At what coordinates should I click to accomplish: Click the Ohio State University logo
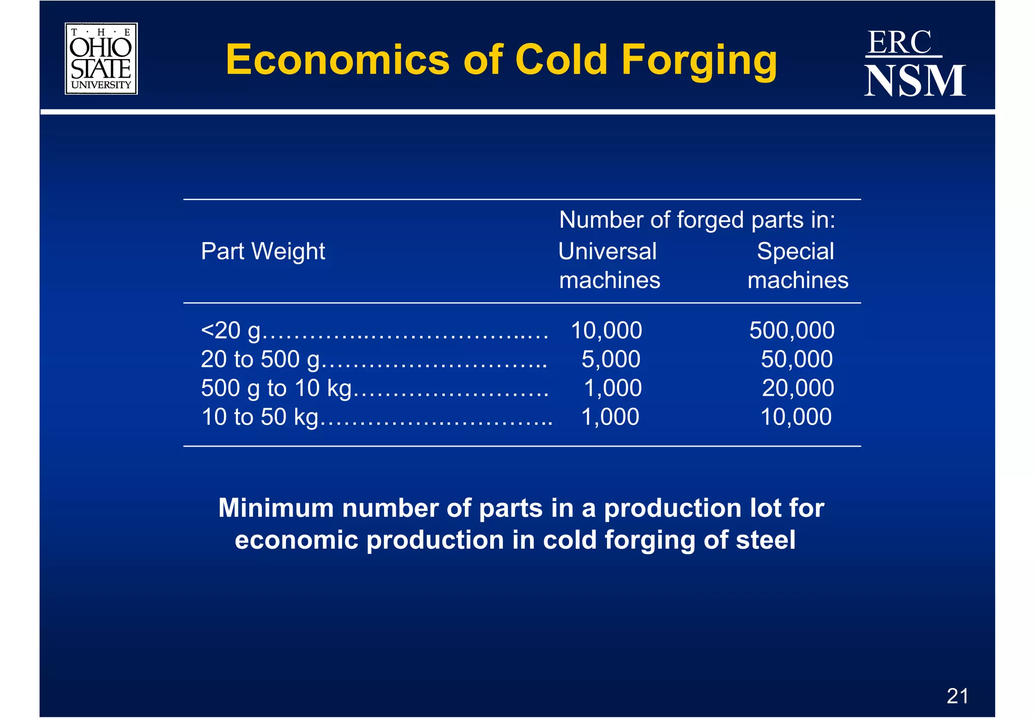101,59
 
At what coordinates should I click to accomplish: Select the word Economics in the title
338,60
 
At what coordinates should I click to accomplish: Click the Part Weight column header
263,251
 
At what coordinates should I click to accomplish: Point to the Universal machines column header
609,265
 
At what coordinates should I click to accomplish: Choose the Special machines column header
797,265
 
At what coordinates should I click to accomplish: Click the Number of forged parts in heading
697,220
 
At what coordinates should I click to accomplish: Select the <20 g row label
230,331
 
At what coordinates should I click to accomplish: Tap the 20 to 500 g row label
260,360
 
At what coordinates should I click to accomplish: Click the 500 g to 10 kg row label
276,389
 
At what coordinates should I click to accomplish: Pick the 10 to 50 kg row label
260,417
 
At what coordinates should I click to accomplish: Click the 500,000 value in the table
791,331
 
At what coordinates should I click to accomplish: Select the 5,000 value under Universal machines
610,360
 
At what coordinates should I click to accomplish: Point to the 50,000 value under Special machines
796,360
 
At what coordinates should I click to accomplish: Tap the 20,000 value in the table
797,389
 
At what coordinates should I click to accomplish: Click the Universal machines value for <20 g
606,331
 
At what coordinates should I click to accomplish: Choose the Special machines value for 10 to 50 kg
796,417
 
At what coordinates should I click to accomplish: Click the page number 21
957,696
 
